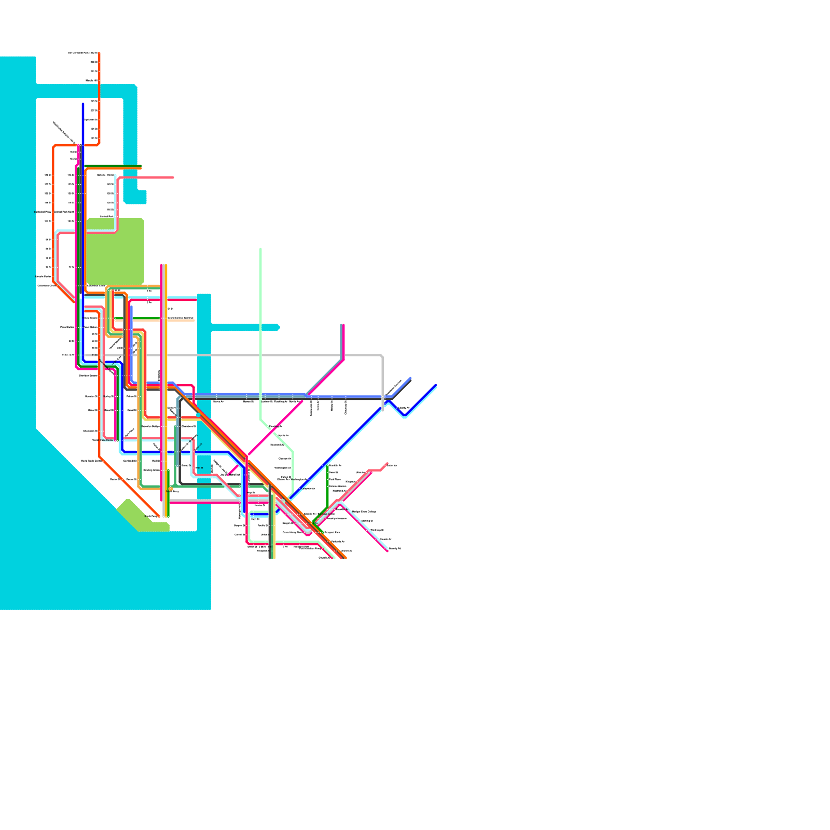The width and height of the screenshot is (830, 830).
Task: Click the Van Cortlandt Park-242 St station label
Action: tap(82, 53)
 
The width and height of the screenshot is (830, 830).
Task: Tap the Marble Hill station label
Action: tap(92, 80)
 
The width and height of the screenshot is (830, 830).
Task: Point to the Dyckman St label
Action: tap(91, 120)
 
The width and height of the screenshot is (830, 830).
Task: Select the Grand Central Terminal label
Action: tap(181, 318)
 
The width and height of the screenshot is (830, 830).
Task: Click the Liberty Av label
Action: tap(404, 408)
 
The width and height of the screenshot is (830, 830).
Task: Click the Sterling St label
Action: tap(367, 521)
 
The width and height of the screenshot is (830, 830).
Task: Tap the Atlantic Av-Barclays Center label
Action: tap(320, 514)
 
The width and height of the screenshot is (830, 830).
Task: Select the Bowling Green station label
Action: tap(151, 470)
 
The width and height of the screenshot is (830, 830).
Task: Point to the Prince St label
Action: tap(131, 396)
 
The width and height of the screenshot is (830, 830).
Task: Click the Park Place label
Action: tap(335, 479)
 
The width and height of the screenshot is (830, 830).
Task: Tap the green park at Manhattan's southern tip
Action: tap(140, 516)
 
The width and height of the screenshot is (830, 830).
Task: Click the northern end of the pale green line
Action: tap(260, 249)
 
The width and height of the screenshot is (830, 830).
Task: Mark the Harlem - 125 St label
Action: tap(105, 175)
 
